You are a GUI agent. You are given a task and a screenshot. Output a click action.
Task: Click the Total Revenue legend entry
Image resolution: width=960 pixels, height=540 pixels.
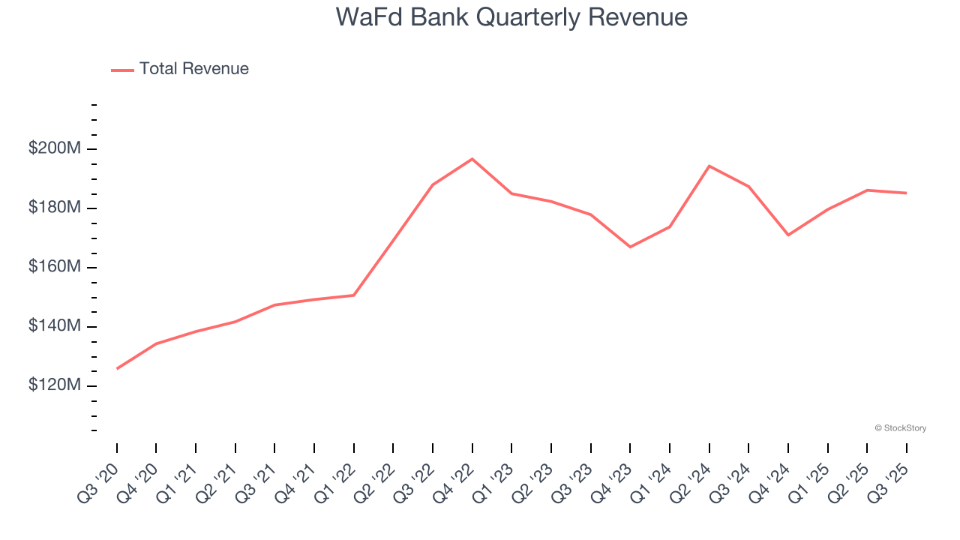tap(180, 69)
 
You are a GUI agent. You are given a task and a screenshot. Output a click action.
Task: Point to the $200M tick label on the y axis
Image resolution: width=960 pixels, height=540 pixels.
tap(54, 148)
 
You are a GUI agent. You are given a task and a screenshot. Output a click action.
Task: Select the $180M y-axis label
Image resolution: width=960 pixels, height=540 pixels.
tap(54, 208)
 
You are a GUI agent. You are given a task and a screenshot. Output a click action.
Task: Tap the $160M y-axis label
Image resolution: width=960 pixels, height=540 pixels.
tap(54, 267)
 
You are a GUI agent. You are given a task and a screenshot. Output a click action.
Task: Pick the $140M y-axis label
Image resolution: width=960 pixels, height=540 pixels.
tap(54, 326)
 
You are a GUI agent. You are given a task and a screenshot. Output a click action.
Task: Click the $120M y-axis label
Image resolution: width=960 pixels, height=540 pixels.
tap(54, 385)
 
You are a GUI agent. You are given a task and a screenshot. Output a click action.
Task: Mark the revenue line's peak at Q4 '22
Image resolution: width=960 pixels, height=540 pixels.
tap(472, 159)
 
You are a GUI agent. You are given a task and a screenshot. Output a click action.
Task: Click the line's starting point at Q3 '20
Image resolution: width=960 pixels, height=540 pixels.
tap(117, 368)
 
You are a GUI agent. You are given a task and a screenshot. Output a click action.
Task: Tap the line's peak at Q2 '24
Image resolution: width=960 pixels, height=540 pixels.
tap(709, 166)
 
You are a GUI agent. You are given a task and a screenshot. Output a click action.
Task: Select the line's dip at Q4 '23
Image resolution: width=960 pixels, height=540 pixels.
tap(630, 247)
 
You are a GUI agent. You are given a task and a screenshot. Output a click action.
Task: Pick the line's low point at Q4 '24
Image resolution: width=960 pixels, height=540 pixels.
tap(788, 235)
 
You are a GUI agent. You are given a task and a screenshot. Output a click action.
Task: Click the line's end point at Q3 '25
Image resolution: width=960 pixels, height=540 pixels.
tap(907, 193)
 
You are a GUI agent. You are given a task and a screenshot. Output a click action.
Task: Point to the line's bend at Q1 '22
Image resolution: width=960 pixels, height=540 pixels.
tap(354, 295)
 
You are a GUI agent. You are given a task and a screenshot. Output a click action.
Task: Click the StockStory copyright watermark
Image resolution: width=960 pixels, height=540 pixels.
tap(900, 428)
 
